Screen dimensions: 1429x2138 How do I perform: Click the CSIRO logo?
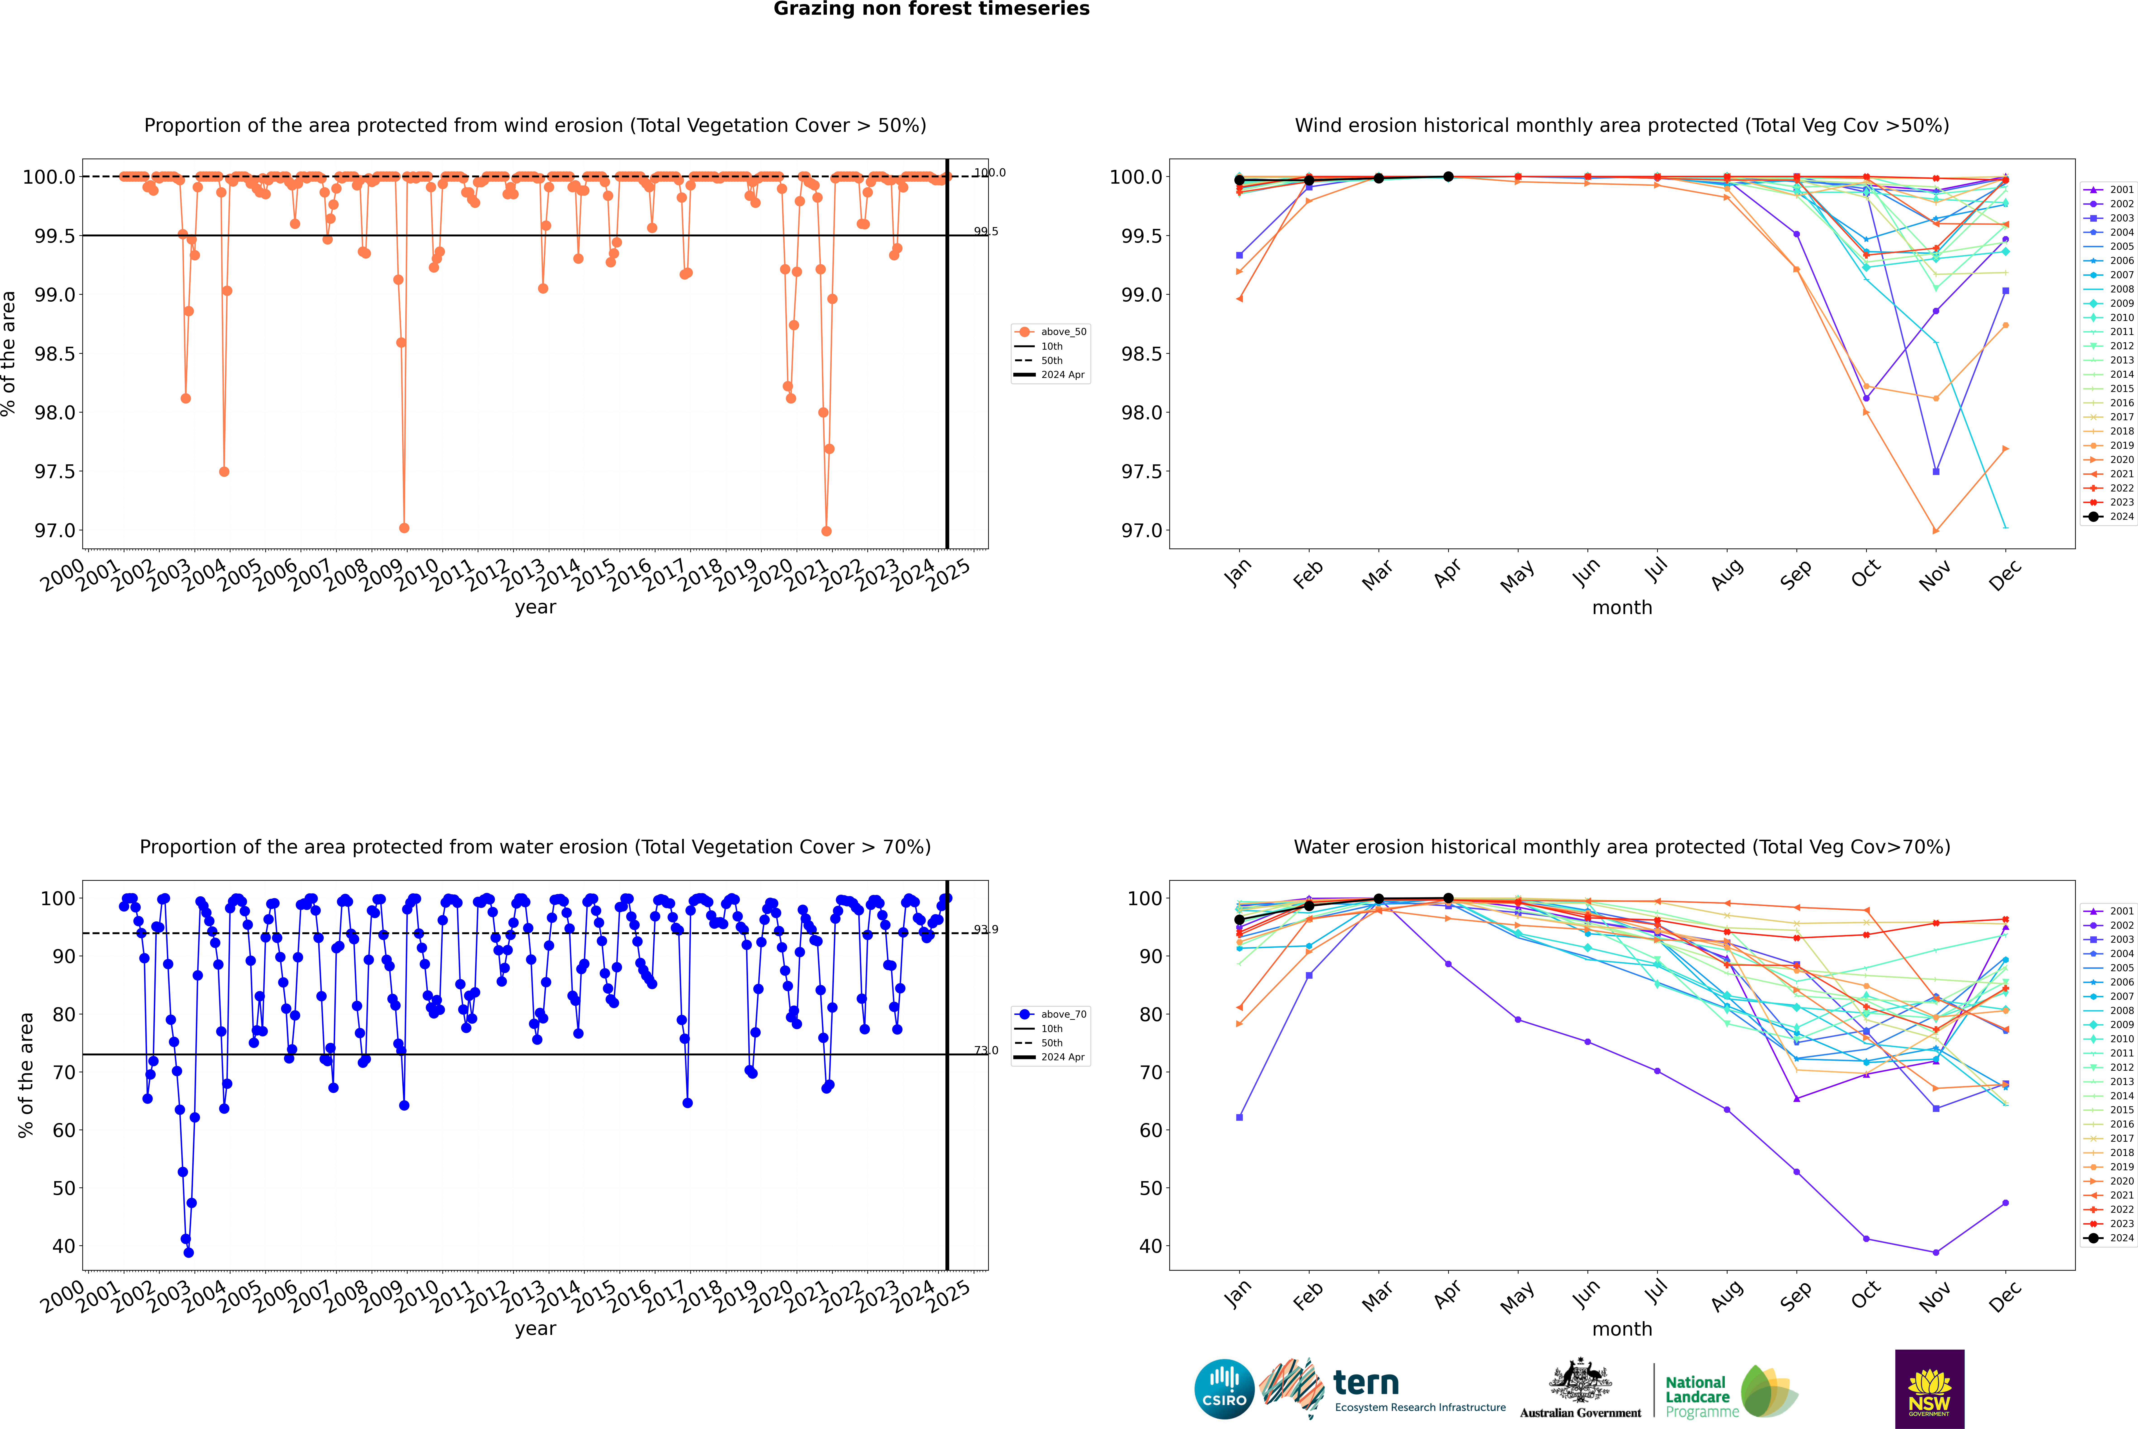[x=1224, y=1389]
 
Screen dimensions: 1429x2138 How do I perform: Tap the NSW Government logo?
[x=1929, y=1389]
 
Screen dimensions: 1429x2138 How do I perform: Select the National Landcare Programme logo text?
[x=1697, y=1396]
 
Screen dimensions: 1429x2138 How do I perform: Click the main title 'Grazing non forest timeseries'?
[x=931, y=9]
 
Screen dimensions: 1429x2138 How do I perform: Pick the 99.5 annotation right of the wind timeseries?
[x=985, y=231]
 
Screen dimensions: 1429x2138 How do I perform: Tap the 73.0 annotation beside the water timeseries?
[x=985, y=1051]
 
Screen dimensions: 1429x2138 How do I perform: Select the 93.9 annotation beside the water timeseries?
[x=985, y=930]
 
